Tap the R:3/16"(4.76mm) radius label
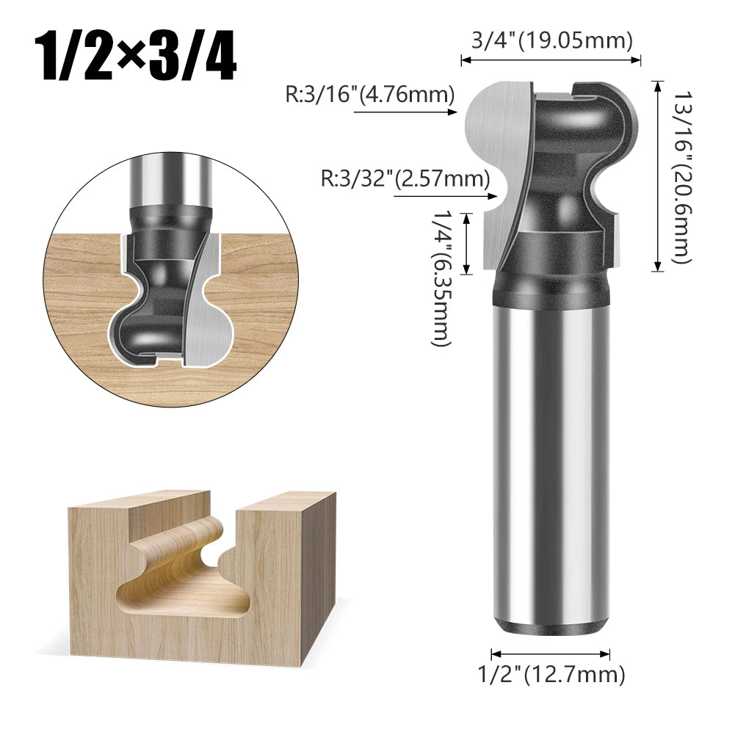(x=370, y=95)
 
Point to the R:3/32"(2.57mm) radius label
(x=405, y=178)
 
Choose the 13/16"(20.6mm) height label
(x=682, y=176)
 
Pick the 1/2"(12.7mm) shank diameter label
(x=551, y=674)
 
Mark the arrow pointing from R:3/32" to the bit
(x=441, y=196)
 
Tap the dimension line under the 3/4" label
(x=551, y=62)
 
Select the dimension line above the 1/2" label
(x=551, y=653)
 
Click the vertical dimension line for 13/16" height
(x=656, y=176)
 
